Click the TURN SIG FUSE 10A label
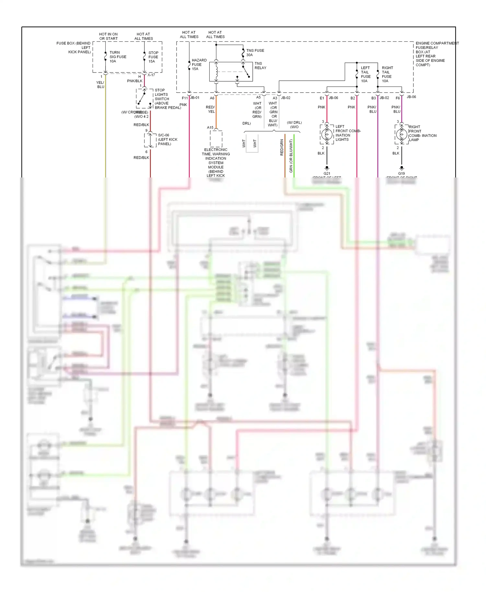tap(118, 57)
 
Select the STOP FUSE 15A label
tap(153, 57)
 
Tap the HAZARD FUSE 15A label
tap(199, 64)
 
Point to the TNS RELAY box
tap(231, 72)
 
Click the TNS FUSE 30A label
tap(255, 52)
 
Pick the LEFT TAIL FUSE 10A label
tap(365, 74)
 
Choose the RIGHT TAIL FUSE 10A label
tap(387, 74)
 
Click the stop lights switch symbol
tap(145, 98)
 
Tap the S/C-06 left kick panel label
tap(167, 140)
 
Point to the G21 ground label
tap(327, 174)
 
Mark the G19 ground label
tap(401, 174)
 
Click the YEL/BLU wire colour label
tap(100, 85)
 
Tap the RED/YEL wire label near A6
tap(210, 109)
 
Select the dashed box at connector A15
tap(216, 139)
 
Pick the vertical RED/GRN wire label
tap(282, 147)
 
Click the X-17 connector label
tap(151, 75)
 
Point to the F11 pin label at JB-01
tap(185, 98)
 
